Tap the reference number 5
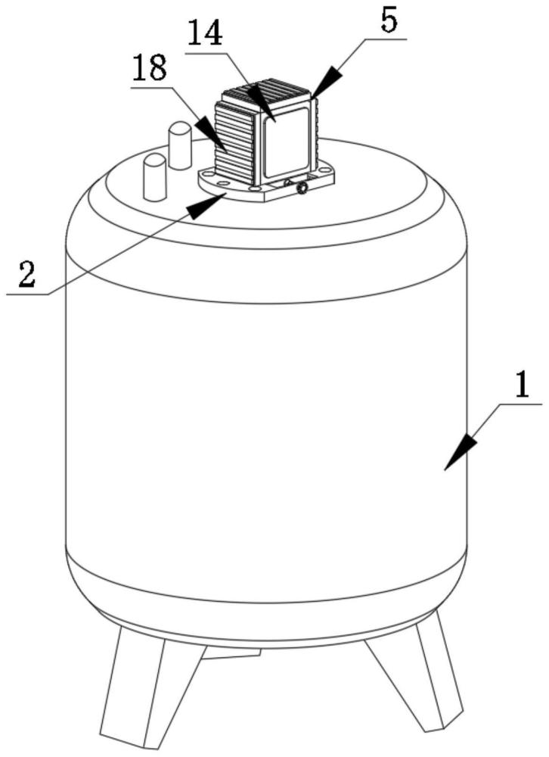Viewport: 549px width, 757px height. click(389, 21)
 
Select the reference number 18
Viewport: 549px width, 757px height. click(150, 68)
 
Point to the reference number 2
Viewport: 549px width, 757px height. click(27, 274)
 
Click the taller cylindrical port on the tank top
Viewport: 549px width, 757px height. click(180, 145)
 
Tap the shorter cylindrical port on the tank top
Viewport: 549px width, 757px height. click(155, 177)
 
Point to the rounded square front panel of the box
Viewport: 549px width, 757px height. click(286, 143)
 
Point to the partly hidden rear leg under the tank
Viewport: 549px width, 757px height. click(231, 653)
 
